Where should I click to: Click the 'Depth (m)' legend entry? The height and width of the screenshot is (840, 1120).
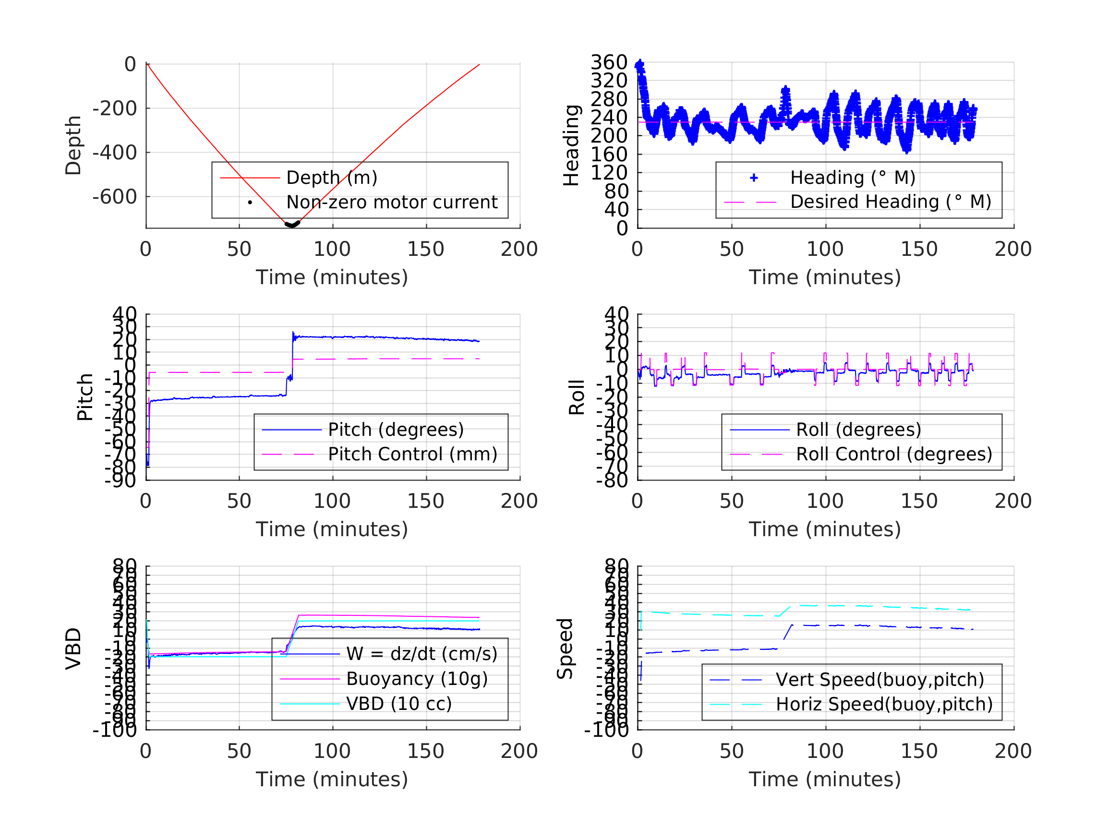click(x=332, y=178)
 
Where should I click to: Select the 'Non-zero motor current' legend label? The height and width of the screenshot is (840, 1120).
click(x=391, y=202)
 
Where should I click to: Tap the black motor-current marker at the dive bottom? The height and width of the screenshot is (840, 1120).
click(x=292, y=224)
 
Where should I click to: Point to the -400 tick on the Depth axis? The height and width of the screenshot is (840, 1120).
click(x=114, y=153)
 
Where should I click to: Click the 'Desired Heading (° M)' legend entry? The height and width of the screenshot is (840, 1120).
click(x=890, y=202)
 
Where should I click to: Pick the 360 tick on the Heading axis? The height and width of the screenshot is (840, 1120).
click(x=609, y=62)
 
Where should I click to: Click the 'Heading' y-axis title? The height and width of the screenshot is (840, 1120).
click(x=571, y=145)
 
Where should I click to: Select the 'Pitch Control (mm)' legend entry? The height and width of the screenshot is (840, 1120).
click(x=412, y=454)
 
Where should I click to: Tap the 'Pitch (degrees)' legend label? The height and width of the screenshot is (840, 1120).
click(x=396, y=430)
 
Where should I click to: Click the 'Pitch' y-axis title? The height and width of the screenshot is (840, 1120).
click(x=85, y=397)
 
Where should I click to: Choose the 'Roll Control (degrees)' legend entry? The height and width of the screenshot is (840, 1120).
click(x=894, y=454)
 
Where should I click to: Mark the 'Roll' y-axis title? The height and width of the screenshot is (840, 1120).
click(x=577, y=397)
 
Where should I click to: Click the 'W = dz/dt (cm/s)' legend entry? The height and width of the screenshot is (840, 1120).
click(x=422, y=654)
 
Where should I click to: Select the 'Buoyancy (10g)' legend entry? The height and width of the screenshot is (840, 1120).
click(x=417, y=679)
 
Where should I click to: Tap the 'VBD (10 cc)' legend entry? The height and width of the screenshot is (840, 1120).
click(x=398, y=703)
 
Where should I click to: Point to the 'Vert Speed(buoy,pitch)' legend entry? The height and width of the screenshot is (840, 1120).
click(x=879, y=680)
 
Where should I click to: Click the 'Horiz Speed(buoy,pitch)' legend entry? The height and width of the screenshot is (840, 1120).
click(x=883, y=704)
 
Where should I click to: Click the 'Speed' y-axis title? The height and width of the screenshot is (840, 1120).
click(x=565, y=648)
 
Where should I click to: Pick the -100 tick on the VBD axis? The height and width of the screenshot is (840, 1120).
click(x=114, y=730)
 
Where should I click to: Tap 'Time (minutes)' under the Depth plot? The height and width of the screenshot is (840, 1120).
click(x=332, y=277)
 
